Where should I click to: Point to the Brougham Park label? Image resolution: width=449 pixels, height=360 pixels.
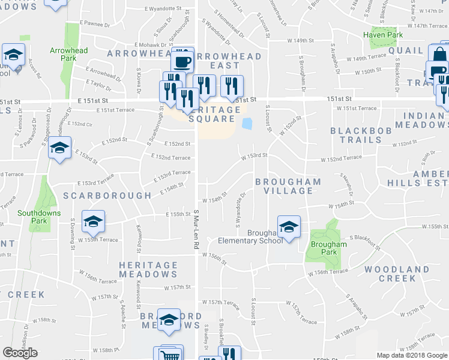pyautogui.click(x=329, y=248)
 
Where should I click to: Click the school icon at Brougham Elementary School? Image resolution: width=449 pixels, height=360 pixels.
pyautogui.click(x=289, y=227)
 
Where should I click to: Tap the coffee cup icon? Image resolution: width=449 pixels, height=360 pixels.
pyautogui.click(x=182, y=61)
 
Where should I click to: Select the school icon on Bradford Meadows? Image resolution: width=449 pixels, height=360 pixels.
pyautogui.click(x=169, y=320)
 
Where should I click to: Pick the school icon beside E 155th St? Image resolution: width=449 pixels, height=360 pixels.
pyautogui.click(x=93, y=221)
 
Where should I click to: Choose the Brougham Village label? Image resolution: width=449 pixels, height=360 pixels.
pyautogui.click(x=288, y=186)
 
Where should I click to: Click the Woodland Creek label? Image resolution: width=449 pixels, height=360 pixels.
pyautogui.click(x=390, y=274)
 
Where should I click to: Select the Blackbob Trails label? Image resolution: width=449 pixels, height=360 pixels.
pyautogui.click(x=356, y=135)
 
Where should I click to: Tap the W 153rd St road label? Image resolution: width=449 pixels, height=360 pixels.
pyautogui.click(x=254, y=155)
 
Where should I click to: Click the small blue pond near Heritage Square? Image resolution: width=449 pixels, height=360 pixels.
pyautogui.click(x=246, y=124)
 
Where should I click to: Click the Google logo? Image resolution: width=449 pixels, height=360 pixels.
pyautogui.click(x=20, y=353)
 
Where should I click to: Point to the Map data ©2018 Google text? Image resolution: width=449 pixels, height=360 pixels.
pyautogui.click(x=412, y=355)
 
